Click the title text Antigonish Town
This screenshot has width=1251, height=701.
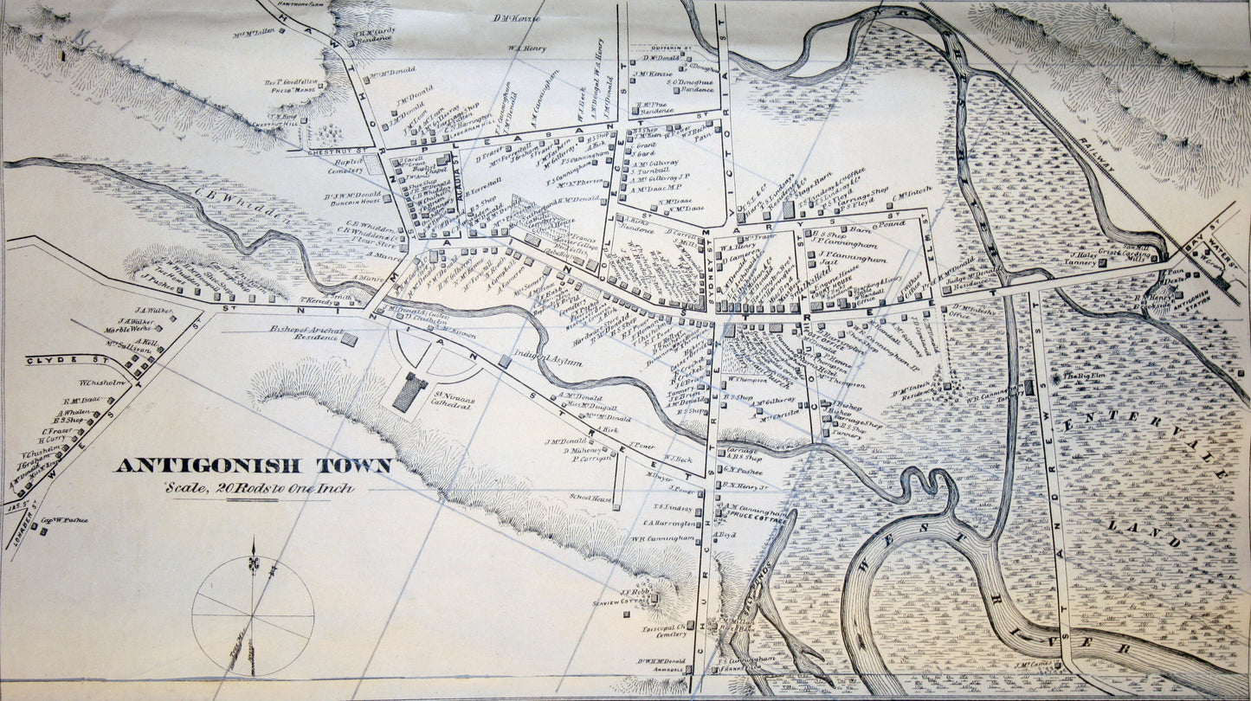(254, 466)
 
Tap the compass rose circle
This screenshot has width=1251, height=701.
(253, 615)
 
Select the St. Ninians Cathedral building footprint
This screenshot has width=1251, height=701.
(409, 392)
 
